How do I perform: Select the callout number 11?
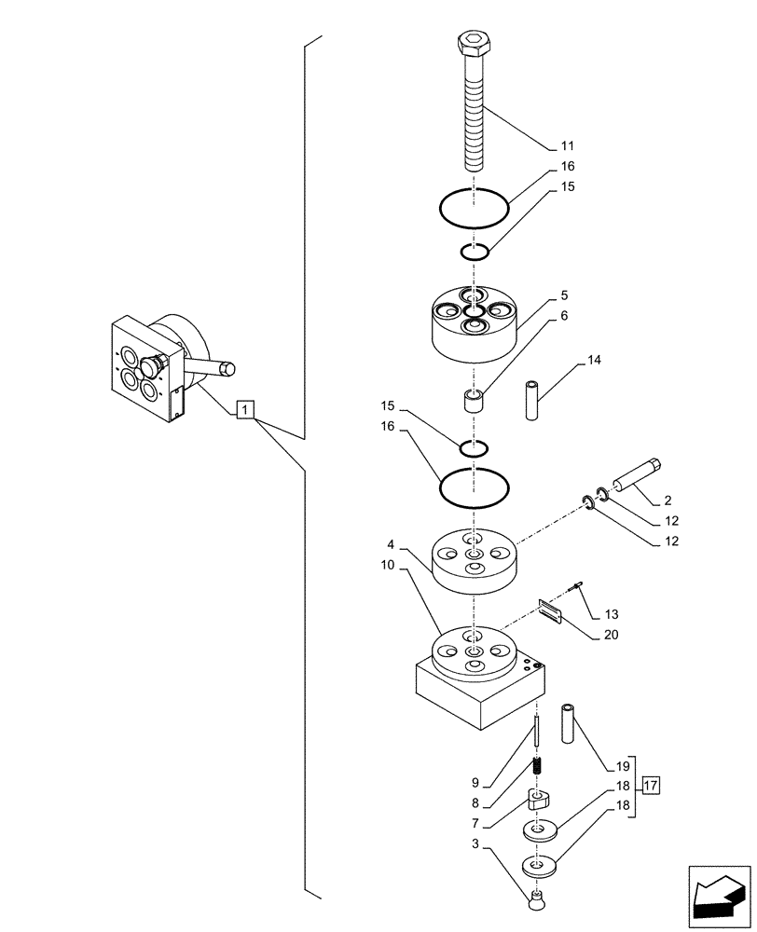click(x=568, y=146)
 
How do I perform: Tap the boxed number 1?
click(x=244, y=409)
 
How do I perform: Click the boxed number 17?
click(x=651, y=785)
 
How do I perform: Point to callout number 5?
click(x=564, y=296)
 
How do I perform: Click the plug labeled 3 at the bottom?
click(x=536, y=898)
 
